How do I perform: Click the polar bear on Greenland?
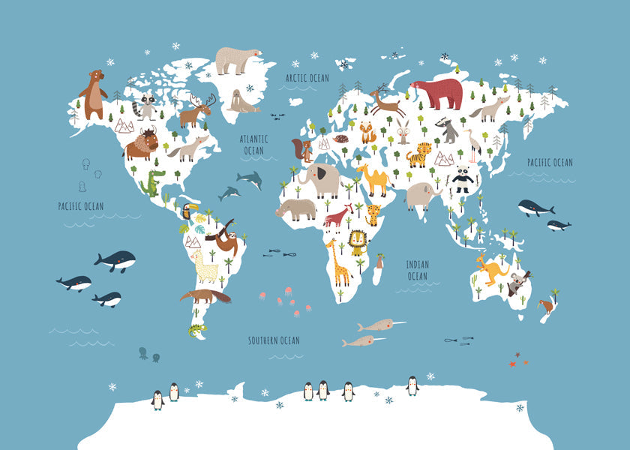tap(236, 61)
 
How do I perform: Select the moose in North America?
tap(196, 112)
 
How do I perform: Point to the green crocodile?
tap(153, 182)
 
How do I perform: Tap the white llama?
tap(205, 266)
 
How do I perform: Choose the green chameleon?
tap(197, 330)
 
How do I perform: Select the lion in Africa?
tap(358, 242)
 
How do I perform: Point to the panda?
tap(463, 179)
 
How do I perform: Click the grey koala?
tap(517, 283)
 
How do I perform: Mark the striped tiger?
tap(419, 154)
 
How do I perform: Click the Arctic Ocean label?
tap(307, 78)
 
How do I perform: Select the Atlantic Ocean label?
tap(253, 145)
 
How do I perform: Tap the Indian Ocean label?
tap(418, 270)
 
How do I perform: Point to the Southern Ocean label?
tap(274, 340)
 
